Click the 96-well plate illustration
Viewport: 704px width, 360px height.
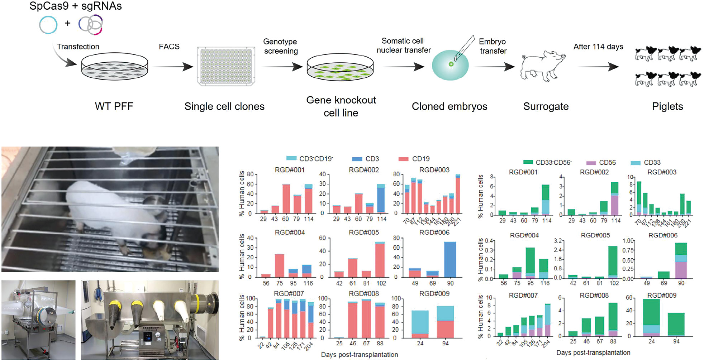[x=226, y=66]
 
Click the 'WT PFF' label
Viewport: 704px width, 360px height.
[x=114, y=106]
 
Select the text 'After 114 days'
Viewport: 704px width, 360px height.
[x=598, y=47]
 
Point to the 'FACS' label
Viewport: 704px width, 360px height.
[x=169, y=47]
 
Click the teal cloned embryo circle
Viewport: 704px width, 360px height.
[x=450, y=65]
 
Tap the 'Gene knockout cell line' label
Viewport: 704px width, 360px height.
[x=341, y=106]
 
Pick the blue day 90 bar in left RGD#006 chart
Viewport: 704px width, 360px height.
[x=450, y=259]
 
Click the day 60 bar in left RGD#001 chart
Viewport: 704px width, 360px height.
[x=286, y=198]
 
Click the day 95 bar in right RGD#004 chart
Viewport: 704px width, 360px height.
[x=530, y=263]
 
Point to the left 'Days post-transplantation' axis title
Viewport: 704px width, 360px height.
[x=359, y=355]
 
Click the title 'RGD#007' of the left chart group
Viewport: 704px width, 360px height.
[x=289, y=294]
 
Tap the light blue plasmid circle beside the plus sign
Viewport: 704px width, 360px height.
[x=48, y=25]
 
